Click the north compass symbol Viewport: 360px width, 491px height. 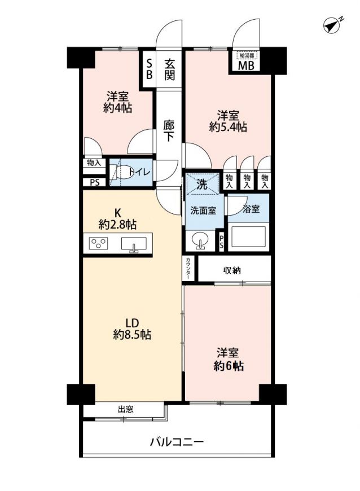pyautogui.click(x=332, y=25)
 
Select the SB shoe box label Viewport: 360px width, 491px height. pyautogui.click(x=150, y=69)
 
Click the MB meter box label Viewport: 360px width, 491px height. pyautogui.click(x=247, y=66)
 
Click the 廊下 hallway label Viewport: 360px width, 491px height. pyautogui.click(x=169, y=130)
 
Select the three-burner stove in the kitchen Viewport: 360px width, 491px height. pyautogui.click(x=98, y=243)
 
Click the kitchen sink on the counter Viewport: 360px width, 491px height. pyautogui.click(x=134, y=244)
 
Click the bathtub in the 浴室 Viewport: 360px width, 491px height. pyautogui.click(x=248, y=237)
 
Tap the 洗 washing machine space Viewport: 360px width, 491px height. pyautogui.click(x=202, y=185)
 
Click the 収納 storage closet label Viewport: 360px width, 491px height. pyautogui.click(x=232, y=270)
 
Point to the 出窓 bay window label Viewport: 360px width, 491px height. pyautogui.click(x=126, y=409)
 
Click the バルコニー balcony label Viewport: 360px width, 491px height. pyautogui.click(x=177, y=442)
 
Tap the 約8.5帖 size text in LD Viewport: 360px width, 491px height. pyautogui.click(x=132, y=335)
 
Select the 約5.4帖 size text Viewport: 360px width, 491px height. pyautogui.click(x=228, y=127)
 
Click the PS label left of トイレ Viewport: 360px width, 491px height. pyautogui.click(x=95, y=182)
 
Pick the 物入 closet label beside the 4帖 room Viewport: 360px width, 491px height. pyautogui.click(x=94, y=163)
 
